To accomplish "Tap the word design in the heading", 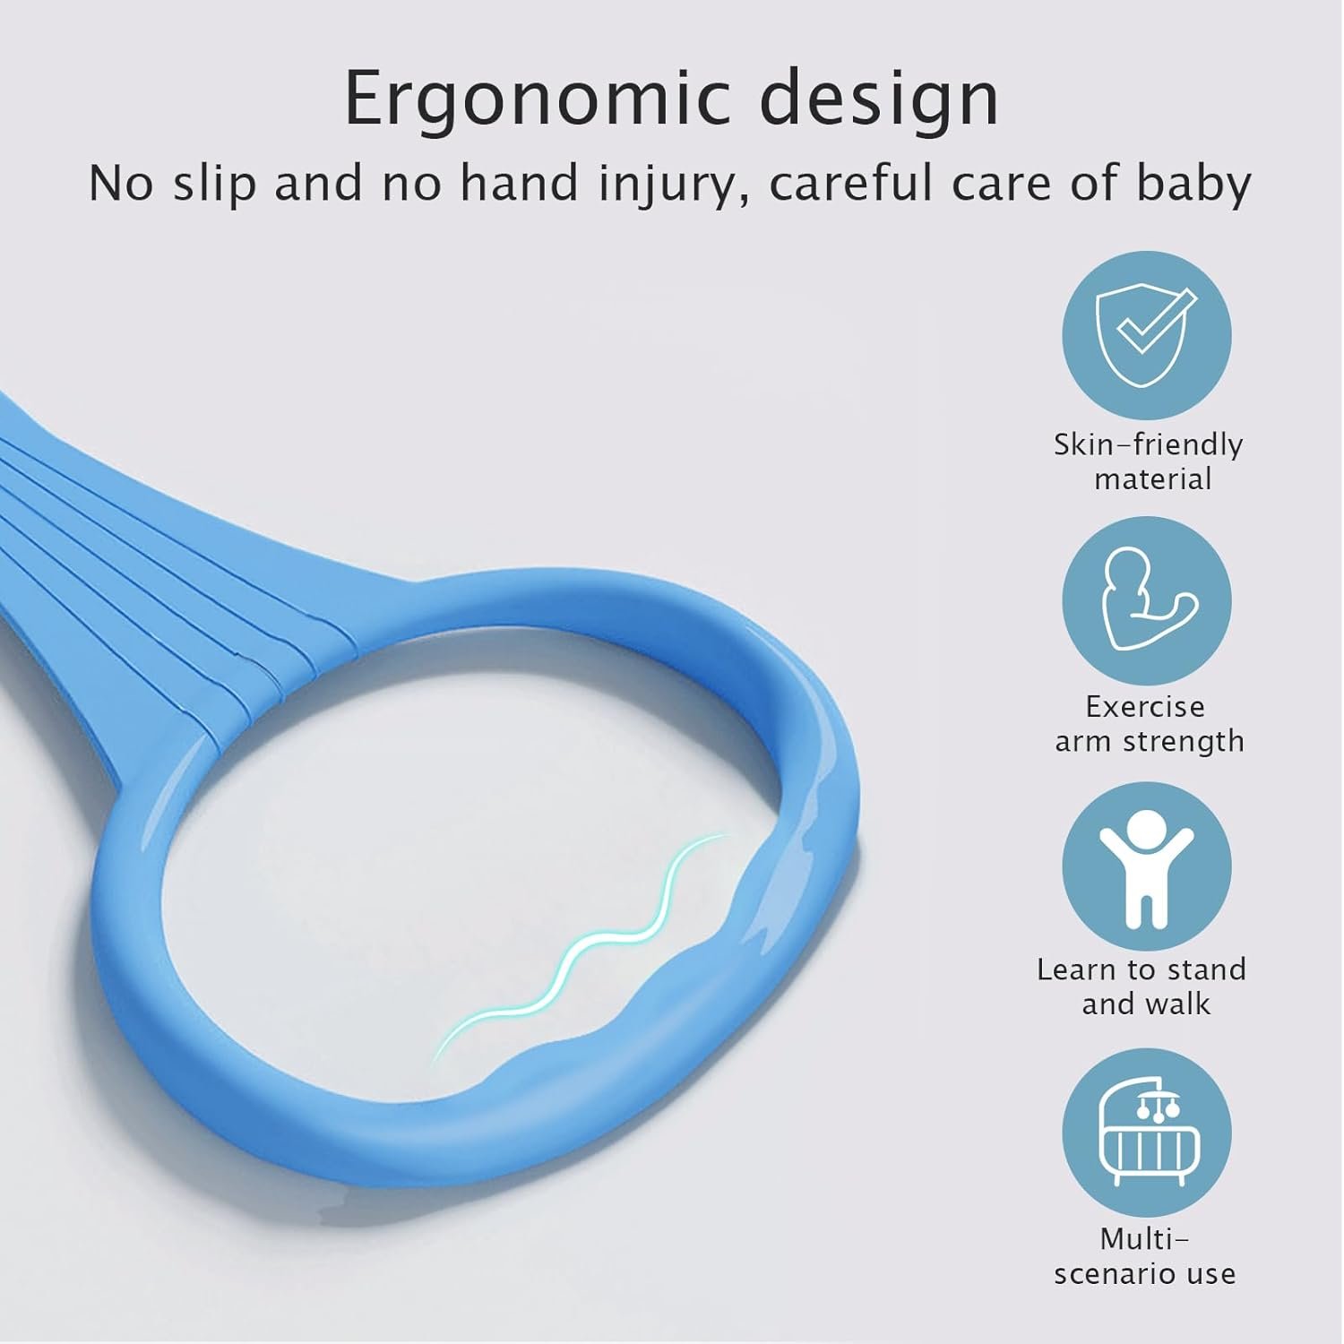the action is pyautogui.click(x=879, y=100).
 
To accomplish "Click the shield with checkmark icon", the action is pyautogui.click(x=1147, y=336).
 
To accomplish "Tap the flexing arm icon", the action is pyautogui.click(x=1147, y=599).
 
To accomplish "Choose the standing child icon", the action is pyautogui.click(x=1147, y=866).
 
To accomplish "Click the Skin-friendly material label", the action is pyautogui.click(x=1149, y=461).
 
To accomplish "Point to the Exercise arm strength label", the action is pyautogui.click(x=1149, y=724).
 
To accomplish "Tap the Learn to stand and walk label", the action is pyautogui.click(x=1142, y=986).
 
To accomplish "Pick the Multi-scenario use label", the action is pyautogui.click(x=1145, y=1256).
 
